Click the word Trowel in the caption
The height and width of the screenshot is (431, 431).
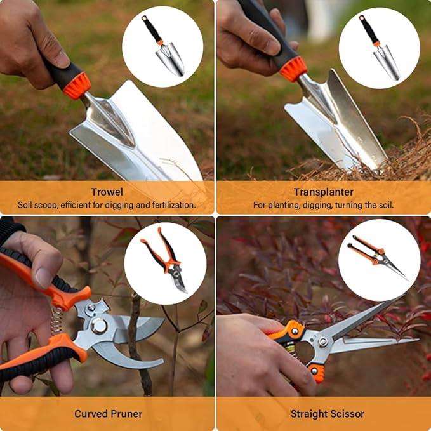[107, 192]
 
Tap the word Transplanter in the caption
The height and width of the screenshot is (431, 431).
[323, 192]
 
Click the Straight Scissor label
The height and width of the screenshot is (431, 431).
[327, 414]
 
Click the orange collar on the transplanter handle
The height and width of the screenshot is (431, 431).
[293, 68]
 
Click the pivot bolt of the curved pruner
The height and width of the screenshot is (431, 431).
[98, 326]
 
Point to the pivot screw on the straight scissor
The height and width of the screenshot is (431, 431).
[323, 342]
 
